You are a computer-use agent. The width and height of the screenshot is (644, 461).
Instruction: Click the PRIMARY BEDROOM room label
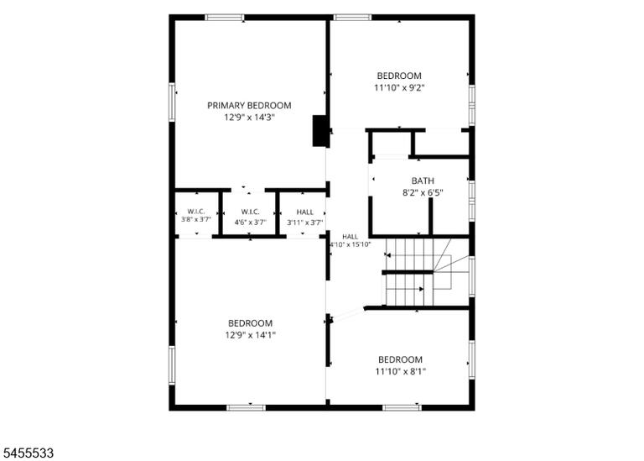click(x=249, y=106)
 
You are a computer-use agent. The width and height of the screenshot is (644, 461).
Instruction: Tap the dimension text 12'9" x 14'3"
click(x=249, y=118)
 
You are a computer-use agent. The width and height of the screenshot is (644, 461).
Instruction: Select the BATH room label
click(x=423, y=181)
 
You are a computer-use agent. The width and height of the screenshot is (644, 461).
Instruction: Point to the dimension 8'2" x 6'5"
click(x=423, y=192)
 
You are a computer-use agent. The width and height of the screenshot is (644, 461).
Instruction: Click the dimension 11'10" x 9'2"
click(x=399, y=87)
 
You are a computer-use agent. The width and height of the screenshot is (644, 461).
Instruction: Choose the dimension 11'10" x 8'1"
click(x=401, y=372)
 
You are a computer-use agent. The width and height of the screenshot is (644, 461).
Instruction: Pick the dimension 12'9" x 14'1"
click(x=250, y=335)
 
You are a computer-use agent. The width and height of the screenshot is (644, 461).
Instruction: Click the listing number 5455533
click(x=27, y=453)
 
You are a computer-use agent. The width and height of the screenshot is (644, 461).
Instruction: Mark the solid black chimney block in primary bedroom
click(x=320, y=131)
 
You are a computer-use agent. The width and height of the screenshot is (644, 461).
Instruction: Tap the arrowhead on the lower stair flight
click(x=422, y=289)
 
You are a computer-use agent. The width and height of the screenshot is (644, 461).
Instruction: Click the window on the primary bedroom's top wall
click(x=224, y=18)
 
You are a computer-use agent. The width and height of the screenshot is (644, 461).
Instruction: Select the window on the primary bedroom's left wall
click(x=172, y=102)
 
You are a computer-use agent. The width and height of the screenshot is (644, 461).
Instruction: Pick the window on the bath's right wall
click(x=472, y=201)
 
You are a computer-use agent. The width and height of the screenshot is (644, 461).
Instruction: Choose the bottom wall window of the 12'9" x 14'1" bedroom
click(x=246, y=407)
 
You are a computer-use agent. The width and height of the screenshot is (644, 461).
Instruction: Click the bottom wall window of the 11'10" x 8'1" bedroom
click(x=402, y=407)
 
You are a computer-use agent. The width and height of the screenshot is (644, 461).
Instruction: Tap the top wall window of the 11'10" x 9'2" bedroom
click(x=352, y=18)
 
